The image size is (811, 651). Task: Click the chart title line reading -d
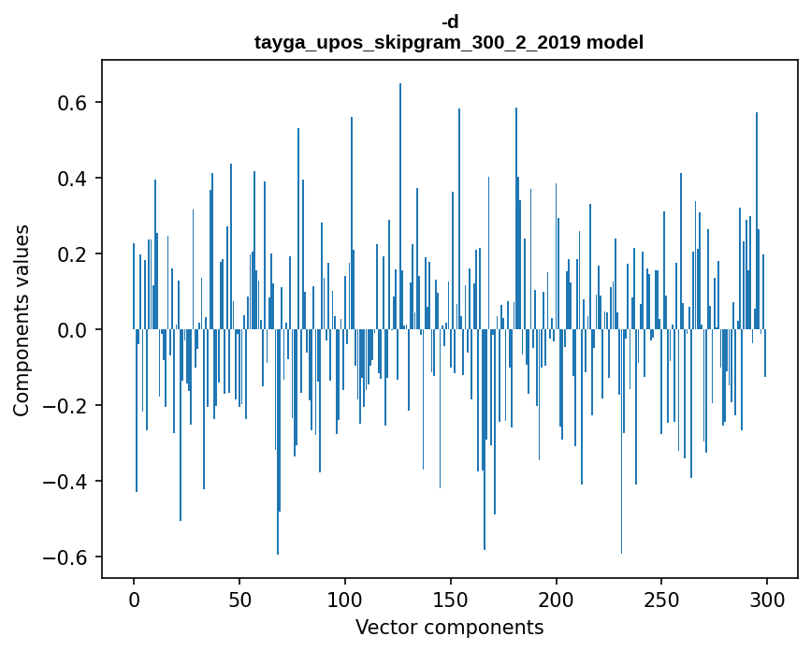tap(450, 22)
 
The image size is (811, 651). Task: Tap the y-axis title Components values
tap(22, 320)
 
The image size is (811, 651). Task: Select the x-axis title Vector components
tap(449, 627)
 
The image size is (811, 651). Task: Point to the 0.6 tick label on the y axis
tap(71, 102)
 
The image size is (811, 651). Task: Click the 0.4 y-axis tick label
tap(71, 178)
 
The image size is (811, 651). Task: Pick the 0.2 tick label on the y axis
tap(71, 253)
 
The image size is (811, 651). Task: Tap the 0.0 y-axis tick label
tap(71, 329)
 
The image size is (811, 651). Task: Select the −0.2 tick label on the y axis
tap(65, 405)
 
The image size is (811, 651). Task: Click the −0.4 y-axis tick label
tap(65, 481)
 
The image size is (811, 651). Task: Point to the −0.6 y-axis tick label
tap(65, 557)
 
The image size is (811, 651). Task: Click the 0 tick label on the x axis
tap(134, 599)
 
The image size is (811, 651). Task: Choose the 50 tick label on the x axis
tap(239, 599)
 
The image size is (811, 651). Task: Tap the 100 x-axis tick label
tap(345, 599)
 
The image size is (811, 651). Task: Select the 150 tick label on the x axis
tap(451, 599)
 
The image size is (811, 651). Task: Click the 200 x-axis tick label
tap(557, 599)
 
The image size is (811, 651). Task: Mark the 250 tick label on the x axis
tap(662, 599)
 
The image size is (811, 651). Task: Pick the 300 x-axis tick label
tap(767, 599)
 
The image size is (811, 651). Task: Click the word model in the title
tap(615, 42)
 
